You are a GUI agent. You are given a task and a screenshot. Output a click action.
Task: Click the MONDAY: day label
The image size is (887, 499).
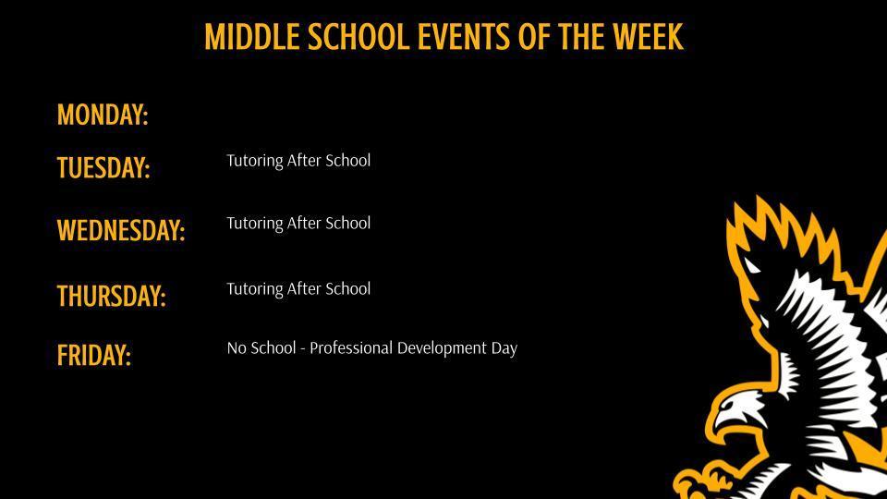coord(103,115)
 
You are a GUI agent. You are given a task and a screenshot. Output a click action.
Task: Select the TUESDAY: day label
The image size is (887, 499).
coord(103,168)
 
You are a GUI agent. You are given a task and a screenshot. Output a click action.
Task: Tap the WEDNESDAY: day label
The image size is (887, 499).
coord(121,230)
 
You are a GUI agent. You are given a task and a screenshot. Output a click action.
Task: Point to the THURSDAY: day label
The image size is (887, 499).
coord(111,297)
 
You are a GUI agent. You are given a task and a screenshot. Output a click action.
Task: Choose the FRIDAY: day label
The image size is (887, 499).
coord(94,355)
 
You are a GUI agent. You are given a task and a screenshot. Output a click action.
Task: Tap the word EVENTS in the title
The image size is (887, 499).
coord(460,38)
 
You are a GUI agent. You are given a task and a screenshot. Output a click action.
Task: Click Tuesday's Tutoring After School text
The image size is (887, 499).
coord(298,161)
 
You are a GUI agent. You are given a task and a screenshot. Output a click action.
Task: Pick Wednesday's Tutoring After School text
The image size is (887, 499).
coord(298,224)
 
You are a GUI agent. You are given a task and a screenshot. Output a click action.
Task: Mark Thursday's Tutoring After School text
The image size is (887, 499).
coord(298,289)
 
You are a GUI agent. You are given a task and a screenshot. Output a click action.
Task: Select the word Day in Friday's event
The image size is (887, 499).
coord(504,348)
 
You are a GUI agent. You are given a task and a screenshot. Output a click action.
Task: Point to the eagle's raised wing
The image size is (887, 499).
coord(795,277)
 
